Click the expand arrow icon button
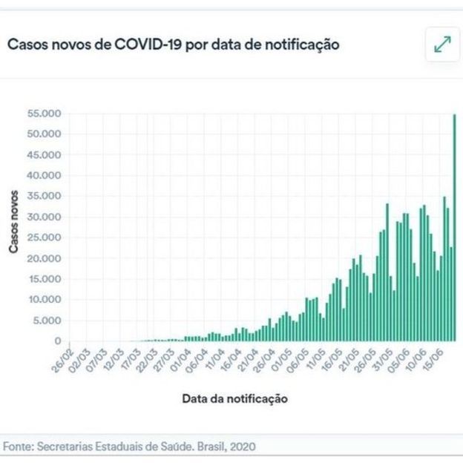[441, 45]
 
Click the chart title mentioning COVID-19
[173, 45]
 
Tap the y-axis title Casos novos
[14, 222]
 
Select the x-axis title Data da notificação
[234, 398]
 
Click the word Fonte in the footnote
[16, 447]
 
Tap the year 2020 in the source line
[242, 447]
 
